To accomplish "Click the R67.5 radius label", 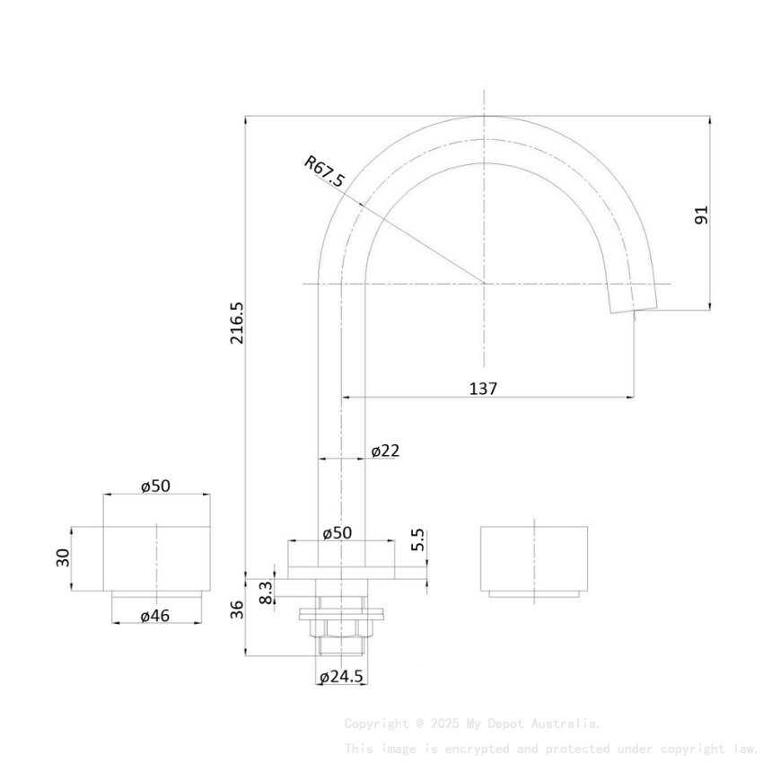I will point(324,172).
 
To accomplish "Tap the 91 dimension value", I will point(701,215).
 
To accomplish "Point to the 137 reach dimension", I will point(483,389).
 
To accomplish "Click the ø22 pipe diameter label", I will point(385,451).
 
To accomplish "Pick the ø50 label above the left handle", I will point(156,486).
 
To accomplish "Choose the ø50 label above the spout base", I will point(338,532).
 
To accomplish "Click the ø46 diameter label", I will point(156,616).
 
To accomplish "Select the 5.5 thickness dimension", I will point(418,540).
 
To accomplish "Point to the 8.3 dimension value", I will point(266,592).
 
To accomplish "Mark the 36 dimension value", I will point(237,610).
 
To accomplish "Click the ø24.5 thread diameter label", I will point(341,678).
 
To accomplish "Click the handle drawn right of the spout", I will point(534,558).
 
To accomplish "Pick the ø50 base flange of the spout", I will point(341,571).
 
